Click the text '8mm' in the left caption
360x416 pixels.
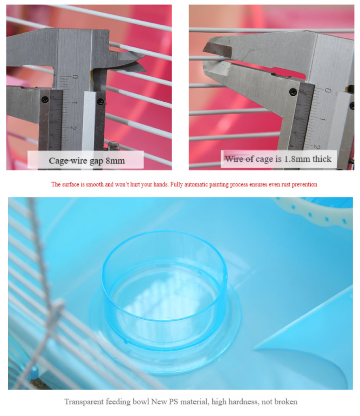pyautogui.click(x=115, y=160)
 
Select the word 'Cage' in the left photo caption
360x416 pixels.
pyautogui.click(x=57, y=161)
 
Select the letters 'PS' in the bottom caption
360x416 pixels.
pyautogui.click(x=174, y=402)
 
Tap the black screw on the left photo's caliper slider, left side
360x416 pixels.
pyautogui.click(x=45, y=100)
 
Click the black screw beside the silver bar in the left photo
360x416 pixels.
pyautogui.click(x=100, y=101)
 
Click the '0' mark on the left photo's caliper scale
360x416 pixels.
pyautogui.click(x=75, y=77)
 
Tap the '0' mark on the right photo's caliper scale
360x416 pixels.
pyautogui.click(x=328, y=90)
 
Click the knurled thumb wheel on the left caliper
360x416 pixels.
pyautogui.click(x=113, y=146)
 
